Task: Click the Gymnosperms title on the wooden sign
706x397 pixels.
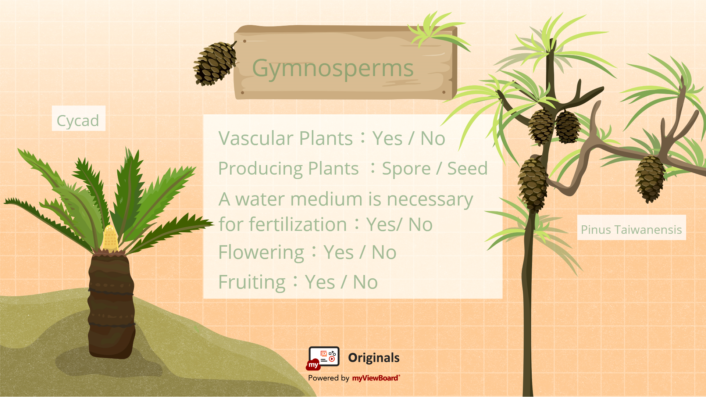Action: [x=333, y=69]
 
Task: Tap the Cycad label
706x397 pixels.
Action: [x=78, y=121]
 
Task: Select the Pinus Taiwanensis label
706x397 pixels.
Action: [x=631, y=230]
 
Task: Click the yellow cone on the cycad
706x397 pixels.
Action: [x=110, y=239]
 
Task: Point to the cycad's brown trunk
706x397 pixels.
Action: [x=111, y=305]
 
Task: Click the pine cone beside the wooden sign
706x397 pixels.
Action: [x=215, y=63]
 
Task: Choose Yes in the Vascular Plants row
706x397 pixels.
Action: [x=388, y=139]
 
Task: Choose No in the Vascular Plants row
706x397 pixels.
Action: [x=433, y=139]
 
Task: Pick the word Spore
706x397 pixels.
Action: [x=406, y=169]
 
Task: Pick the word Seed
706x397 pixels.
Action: [x=467, y=168]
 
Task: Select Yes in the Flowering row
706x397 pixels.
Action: [x=339, y=253]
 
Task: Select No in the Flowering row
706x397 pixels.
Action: [x=384, y=253]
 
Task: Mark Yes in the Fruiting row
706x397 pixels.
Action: [x=320, y=282]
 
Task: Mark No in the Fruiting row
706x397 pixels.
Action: [x=365, y=282]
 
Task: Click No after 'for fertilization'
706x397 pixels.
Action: [x=420, y=225]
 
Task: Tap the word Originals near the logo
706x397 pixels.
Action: [x=374, y=358]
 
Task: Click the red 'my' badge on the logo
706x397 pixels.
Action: [x=313, y=365]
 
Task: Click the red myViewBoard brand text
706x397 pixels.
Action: [x=376, y=378]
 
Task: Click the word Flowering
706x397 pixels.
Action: [x=261, y=253]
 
